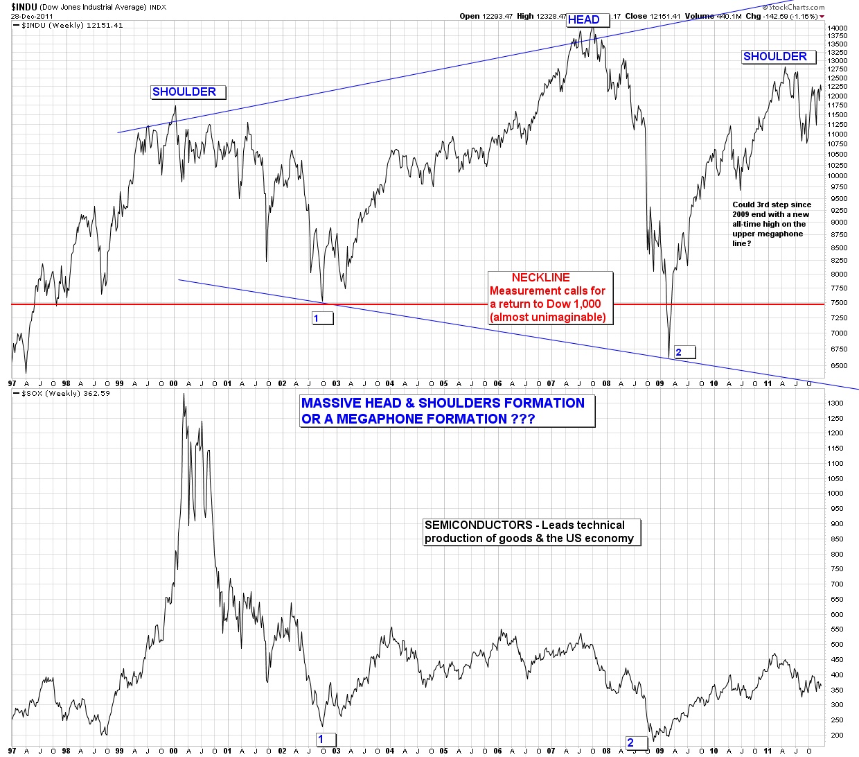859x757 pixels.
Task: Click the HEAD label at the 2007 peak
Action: [x=583, y=19]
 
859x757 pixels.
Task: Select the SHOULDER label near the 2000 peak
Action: [x=184, y=92]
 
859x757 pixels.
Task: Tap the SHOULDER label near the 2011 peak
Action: [x=774, y=57]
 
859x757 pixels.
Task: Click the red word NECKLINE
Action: [x=540, y=277]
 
